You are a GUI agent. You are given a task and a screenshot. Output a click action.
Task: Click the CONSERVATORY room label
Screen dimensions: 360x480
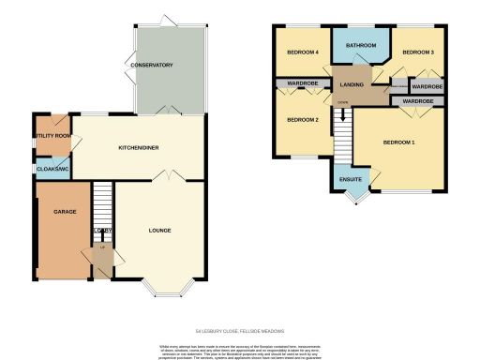[152, 66]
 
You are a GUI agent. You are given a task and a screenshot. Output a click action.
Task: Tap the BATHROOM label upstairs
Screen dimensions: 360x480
[360, 45]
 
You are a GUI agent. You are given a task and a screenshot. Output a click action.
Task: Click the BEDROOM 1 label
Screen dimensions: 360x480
[399, 142]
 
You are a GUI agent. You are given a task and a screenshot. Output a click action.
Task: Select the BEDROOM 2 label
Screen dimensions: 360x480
[304, 120]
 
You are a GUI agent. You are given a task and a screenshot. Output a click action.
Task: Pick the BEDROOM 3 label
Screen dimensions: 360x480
[418, 52]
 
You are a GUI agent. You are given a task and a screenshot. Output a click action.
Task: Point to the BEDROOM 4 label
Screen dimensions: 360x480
[304, 52]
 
